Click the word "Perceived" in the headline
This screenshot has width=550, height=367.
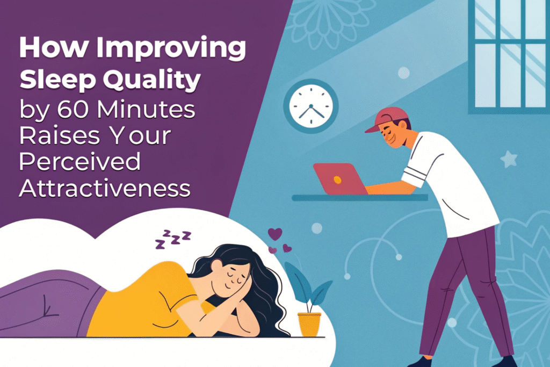tap(79, 162)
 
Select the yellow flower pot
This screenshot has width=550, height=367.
tap(309, 325)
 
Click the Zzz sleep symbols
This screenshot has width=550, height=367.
tap(173, 240)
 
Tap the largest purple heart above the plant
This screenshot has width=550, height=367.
tap(275, 234)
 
